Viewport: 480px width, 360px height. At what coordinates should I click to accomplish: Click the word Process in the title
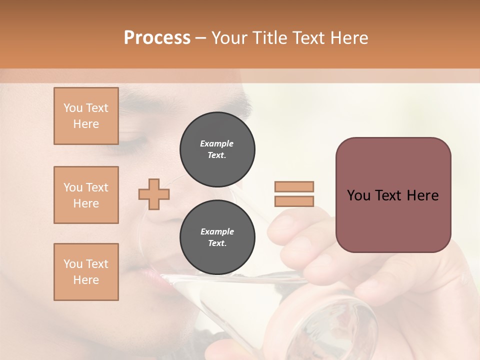[157, 38]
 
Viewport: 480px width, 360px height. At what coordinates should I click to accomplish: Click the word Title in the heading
[269, 38]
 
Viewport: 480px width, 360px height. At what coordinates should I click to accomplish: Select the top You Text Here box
[86, 116]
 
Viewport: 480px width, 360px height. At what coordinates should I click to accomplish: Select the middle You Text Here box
[86, 195]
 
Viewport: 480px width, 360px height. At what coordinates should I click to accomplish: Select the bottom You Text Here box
[86, 272]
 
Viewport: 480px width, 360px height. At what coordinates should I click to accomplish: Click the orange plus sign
[154, 194]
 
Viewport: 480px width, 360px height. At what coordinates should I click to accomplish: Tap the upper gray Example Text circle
[217, 149]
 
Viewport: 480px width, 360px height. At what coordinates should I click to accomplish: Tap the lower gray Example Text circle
[217, 237]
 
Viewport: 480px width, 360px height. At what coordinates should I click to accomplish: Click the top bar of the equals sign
[294, 186]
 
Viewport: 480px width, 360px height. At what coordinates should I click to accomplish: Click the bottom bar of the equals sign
[294, 201]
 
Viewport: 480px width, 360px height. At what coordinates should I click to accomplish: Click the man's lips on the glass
[150, 275]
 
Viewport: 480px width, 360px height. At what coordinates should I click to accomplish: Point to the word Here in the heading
[349, 38]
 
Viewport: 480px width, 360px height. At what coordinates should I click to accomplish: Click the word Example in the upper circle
[217, 143]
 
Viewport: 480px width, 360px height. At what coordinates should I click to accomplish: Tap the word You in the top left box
[73, 108]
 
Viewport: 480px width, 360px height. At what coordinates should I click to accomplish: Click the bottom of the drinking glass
[345, 325]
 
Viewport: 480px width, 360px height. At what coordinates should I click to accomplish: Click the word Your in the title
[229, 38]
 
